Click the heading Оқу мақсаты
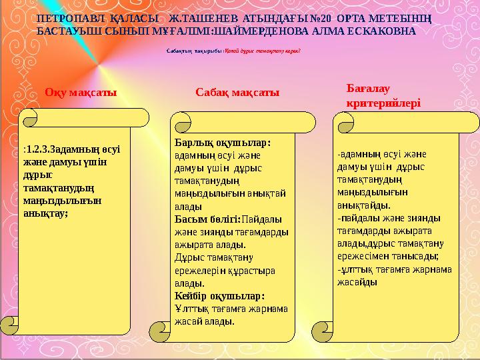[x=81, y=94]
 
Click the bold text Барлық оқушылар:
[x=222, y=143]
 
